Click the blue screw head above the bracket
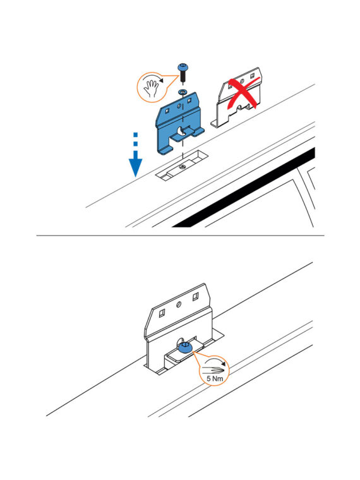click(183, 67)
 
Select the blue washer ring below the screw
click(183, 91)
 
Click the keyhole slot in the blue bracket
click(181, 131)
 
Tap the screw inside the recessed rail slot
click(183, 167)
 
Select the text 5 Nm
click(215, 379)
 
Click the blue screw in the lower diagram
click(184, 348)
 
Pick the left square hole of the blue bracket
click(167, 111)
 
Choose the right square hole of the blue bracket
click(191, 100)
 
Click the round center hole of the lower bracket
click(179, 304)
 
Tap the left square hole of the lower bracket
click(162, 313)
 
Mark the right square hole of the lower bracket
click(195, 296)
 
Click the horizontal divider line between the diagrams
click(180, 236)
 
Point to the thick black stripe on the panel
click(243, 188)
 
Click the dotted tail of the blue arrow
click(136, 140)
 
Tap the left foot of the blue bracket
click(164, 150)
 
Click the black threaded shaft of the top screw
click(183, 76)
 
